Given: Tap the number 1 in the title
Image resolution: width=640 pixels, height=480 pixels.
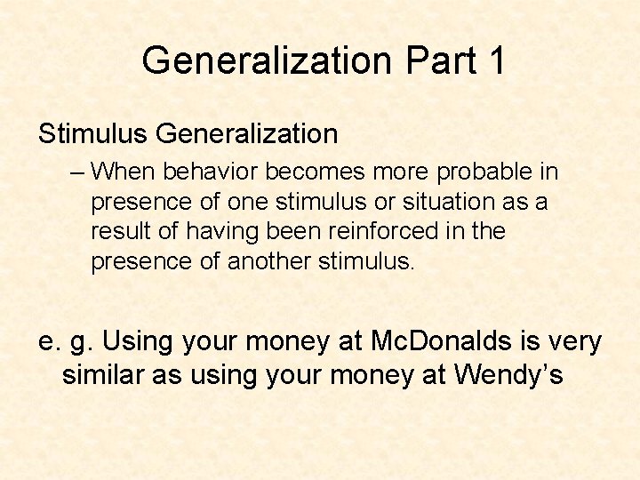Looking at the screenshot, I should [495, 61].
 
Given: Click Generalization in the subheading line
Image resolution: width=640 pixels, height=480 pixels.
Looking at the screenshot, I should [246, 134].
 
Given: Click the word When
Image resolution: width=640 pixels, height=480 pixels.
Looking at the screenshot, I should [121, 172].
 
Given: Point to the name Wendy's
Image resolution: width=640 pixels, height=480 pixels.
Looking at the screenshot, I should [508, 374].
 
